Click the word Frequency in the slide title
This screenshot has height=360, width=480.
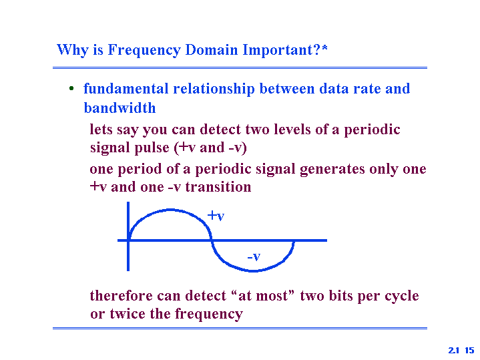click(x=144, y=50)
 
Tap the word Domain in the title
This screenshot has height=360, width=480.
click(x=212, y=49)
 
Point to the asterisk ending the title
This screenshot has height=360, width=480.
click(x=324, y=47)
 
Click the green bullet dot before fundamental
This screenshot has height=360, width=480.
click(x=71, y=89)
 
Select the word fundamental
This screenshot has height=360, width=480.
click(x=126, y=89)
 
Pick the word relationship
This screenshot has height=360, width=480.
click(x=214, y=89)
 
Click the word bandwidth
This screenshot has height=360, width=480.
click(x=119, y=108)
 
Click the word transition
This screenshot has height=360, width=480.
click(x=218, y=187)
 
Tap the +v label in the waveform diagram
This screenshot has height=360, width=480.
click(x=216, y=216)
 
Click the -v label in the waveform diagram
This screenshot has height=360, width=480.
click(x=254, y=256)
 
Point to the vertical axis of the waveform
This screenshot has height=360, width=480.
click(x=128, y=236)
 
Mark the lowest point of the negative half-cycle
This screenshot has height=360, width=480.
click(x=254, y=271)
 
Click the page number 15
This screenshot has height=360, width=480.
click(x=469, y=350)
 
